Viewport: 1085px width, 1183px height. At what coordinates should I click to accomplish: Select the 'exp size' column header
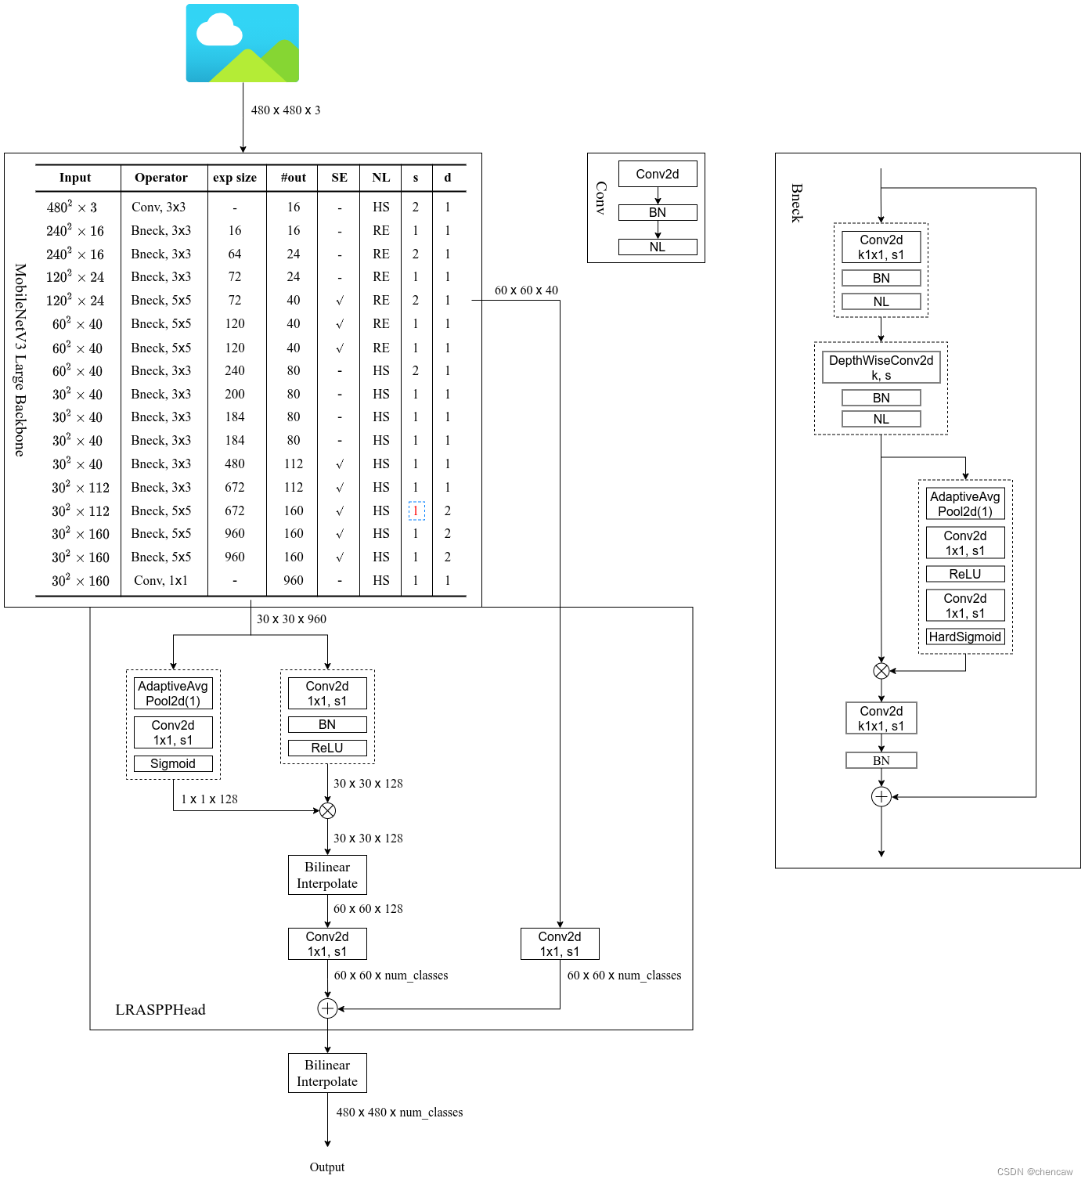[x=235, y=178]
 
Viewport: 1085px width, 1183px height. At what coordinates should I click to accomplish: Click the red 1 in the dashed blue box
[x=416, y=510]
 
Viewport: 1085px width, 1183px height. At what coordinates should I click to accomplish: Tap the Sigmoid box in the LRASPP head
[x=173, y=763]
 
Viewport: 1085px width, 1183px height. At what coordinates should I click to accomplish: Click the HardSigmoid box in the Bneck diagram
[x=964, y=637]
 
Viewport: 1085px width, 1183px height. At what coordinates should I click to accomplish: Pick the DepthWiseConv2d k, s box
[x=881, y=367]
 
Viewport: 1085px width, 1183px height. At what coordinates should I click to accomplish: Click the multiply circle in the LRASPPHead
[x=327, y=810]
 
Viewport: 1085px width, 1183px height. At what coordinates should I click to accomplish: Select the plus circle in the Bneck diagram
[x=881, y=797]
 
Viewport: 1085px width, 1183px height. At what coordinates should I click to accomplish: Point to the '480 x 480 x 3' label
[x=286, y=110]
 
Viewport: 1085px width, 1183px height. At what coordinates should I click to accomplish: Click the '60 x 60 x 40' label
[x=526, y=290]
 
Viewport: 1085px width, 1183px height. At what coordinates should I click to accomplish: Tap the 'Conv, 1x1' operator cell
[x=160, y=580]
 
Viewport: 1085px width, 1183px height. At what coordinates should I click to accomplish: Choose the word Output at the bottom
[x=327, y=1167]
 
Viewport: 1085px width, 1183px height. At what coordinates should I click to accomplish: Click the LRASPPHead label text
[x=160, y=1009]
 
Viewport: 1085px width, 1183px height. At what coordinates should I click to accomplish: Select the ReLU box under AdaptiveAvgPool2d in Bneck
[x=964, y=574]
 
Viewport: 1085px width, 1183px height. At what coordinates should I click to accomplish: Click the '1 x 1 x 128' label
[x=209, y=799]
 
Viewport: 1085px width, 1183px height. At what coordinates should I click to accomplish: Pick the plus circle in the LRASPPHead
[x=327, y=1008]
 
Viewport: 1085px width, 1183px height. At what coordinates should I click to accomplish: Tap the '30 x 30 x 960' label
[x=291, y=619]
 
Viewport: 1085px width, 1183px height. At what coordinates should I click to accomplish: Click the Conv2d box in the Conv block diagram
[x=658, y=174]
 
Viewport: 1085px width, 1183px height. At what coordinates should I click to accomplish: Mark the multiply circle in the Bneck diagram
[x=881, y=670]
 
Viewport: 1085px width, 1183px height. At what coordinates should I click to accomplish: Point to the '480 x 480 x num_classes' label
[x=399, y=1113]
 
